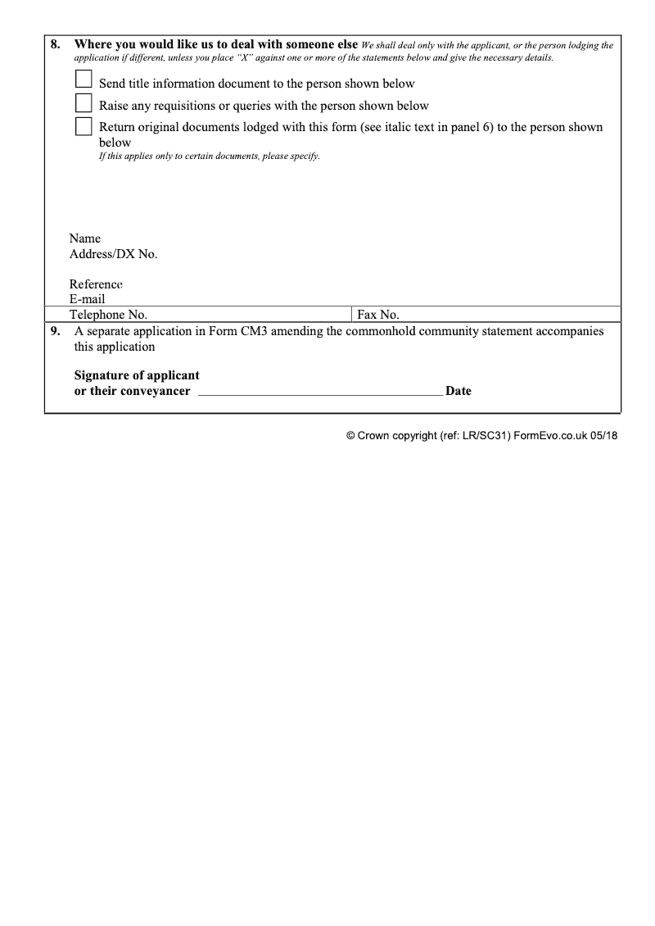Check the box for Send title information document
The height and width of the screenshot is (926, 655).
pos(84,79)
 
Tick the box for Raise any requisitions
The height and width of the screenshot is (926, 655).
pos(84,102)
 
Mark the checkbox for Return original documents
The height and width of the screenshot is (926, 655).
pos(84,126)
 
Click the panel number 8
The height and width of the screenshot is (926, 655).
pos(55,45)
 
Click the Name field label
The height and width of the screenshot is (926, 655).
pos(85,238)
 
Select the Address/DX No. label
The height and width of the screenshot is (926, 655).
pos(113,254)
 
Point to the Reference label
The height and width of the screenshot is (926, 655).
pos(96,284)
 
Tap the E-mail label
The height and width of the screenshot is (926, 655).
pos(88,299)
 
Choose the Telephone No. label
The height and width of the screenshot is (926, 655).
pos(108,315)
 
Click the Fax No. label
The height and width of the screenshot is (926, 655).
pos(378,315)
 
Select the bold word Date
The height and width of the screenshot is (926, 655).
pos(458,391)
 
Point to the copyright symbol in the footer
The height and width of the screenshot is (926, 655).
pos(350,436)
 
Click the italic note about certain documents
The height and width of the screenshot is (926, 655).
pos(209,156)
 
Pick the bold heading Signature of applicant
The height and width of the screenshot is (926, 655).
pos(137,375)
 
